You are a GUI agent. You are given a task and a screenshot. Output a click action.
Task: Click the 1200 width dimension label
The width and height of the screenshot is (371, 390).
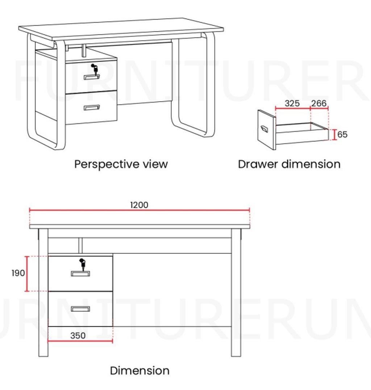tap(139, 205)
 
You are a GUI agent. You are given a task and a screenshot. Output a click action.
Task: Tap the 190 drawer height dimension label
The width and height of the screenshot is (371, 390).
tap(18, 273)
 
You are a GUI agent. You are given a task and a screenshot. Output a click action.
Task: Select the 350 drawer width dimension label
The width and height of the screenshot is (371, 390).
tap(78, 335)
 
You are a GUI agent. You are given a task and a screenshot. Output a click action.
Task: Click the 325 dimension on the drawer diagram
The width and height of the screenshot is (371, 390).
tap(292, 103)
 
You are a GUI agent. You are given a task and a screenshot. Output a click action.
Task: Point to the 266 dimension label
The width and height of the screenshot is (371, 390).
tap(319, 103)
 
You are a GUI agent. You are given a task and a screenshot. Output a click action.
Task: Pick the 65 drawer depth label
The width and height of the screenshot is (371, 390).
tap(342, 134)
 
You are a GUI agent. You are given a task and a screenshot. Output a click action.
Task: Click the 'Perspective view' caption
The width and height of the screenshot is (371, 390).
tap(121, 164)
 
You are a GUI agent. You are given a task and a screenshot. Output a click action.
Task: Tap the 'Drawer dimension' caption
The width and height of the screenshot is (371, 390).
tap(289, 164)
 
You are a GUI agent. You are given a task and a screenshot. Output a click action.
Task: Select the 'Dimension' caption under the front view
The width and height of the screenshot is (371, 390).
tap(140, 370)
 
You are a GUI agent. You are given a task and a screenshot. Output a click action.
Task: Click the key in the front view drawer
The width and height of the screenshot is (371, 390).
tap(82, 264)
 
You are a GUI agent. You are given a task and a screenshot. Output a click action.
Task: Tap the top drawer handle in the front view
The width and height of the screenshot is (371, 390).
tap(80, 274)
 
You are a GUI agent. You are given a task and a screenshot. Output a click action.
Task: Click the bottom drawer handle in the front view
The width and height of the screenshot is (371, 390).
tap(80, 309)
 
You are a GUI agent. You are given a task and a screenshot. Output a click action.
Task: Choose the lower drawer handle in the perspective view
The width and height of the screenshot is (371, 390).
tap(92, 107)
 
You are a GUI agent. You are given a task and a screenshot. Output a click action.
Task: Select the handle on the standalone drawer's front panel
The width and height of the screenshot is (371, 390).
tap(264, 129)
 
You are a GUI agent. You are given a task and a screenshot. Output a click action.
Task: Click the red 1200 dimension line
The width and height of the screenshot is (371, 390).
tap(139, 210)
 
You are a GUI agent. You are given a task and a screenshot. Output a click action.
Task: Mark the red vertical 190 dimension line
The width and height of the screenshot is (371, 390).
tap(27, 274)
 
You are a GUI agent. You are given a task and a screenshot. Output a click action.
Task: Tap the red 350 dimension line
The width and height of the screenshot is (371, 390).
tap(80, 341)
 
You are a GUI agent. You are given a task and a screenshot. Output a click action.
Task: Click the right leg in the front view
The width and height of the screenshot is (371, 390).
tap(236, 292)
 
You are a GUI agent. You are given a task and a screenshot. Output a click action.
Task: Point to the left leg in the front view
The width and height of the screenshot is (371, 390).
tap(43, 292)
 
